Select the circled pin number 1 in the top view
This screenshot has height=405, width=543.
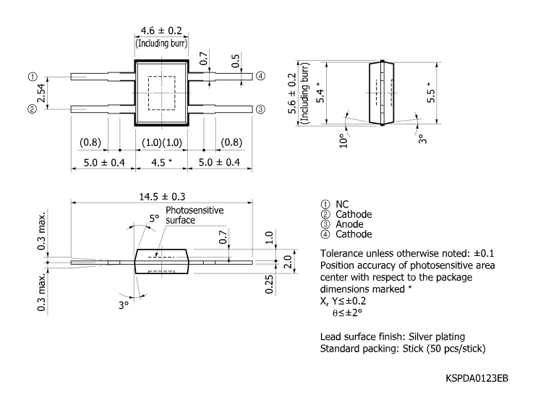[x=32, y=76]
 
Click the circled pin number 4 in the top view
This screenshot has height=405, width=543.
[x=260, y=76]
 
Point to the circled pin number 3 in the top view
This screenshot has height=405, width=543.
[x=260, y=109]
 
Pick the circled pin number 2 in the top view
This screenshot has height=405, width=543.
[x=32, y=109]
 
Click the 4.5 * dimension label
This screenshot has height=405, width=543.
[x=161, y=162]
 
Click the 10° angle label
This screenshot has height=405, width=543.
[x=343, y=140]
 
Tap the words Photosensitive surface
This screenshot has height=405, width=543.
[x=194, y=215]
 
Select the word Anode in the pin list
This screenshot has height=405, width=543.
[x=350, y=224]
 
